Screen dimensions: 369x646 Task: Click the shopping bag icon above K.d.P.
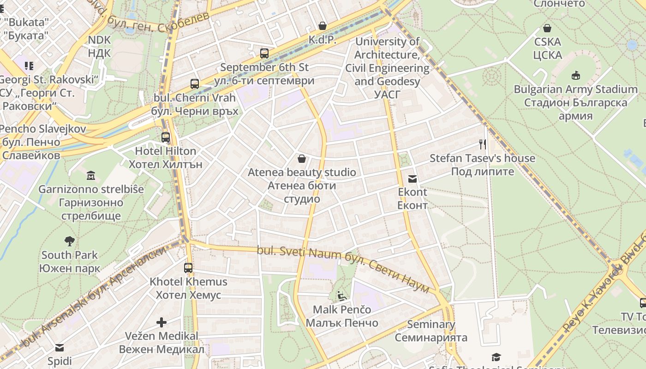pos(322,26)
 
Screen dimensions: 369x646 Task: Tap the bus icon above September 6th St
pos(264,54)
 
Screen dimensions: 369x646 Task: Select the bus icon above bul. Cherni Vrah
pos(195,84)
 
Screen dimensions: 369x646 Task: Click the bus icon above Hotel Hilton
pos(166,137)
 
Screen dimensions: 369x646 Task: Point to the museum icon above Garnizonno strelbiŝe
pos(90,175)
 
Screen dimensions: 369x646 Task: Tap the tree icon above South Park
pos(70,241)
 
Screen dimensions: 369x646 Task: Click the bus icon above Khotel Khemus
pos(188,268)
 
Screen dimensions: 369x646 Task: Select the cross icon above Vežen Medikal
pos(161,322)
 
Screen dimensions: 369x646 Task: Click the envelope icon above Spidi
pos(60,348)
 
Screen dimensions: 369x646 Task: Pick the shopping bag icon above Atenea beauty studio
pos(302,159)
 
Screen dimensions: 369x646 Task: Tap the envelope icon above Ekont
pos(413,179)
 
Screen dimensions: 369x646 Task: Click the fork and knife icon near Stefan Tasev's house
pos(483,144)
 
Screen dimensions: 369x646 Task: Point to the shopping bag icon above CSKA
pos(547,28)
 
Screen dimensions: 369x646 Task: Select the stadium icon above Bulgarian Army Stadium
pos(575,75)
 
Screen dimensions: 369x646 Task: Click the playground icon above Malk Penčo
pos(341,296)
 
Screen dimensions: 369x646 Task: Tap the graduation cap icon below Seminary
pos(496,357)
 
